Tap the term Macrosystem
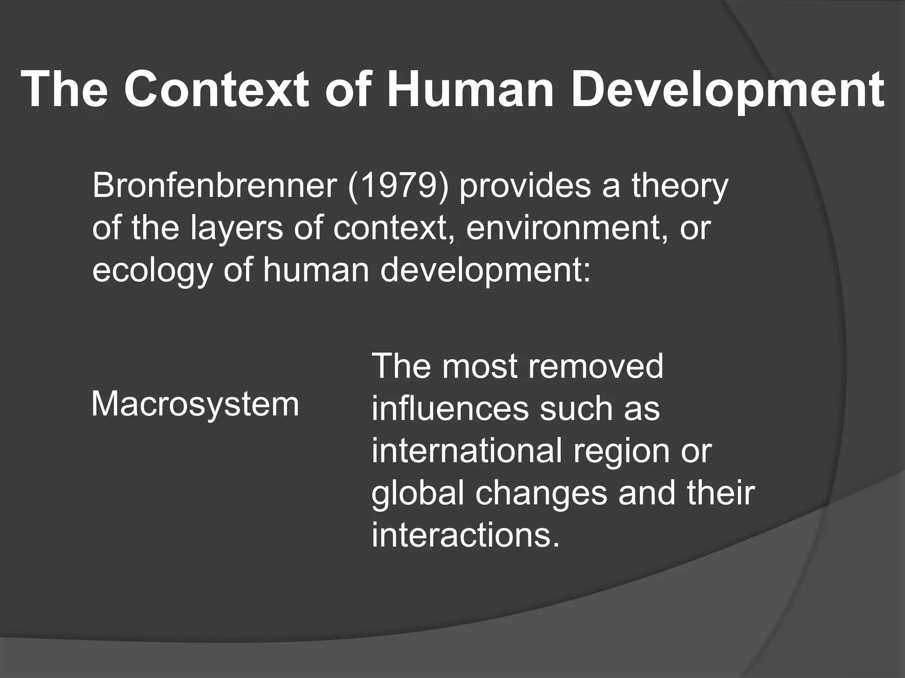(195, 404)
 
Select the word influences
(450, 408)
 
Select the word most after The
(479, 367)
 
